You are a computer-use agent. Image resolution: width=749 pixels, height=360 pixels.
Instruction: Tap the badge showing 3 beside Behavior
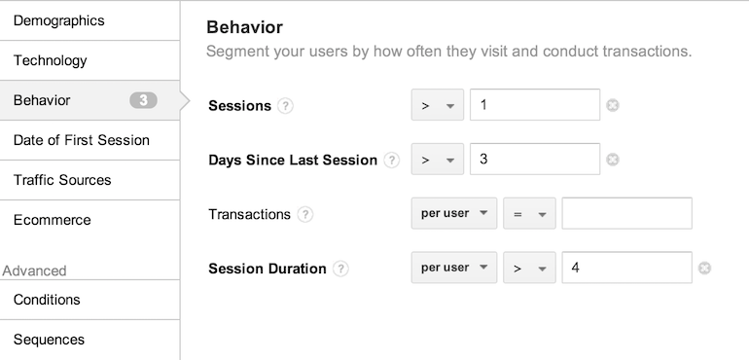(x=143, y=100)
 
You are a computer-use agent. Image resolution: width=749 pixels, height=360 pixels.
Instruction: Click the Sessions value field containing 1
(x=535, y=105)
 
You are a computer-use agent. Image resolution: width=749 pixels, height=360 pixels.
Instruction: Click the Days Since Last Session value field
(x=535, y=159)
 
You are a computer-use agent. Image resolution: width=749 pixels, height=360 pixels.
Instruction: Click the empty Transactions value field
(x=626, y=213)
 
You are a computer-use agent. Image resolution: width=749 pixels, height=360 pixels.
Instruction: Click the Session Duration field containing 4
(x=626, y=268)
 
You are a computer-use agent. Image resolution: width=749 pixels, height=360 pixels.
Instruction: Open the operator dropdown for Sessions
(x=437, y=105)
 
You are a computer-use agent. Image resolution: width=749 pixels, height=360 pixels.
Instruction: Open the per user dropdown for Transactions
(x=454, y=213)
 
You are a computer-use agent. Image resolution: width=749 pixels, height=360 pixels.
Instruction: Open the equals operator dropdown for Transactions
(x=529, y=213)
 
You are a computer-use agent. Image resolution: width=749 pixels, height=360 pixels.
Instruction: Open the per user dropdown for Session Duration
(x=454, y=268)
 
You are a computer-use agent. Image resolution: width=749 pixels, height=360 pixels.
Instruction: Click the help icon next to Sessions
(x=285, y=106)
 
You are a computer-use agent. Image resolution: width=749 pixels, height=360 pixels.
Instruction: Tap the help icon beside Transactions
(x=304, y=215)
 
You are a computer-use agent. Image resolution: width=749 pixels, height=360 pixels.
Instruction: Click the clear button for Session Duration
(x=704, y=269)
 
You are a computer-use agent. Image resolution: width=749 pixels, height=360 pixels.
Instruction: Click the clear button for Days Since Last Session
(x=613, y=160)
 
